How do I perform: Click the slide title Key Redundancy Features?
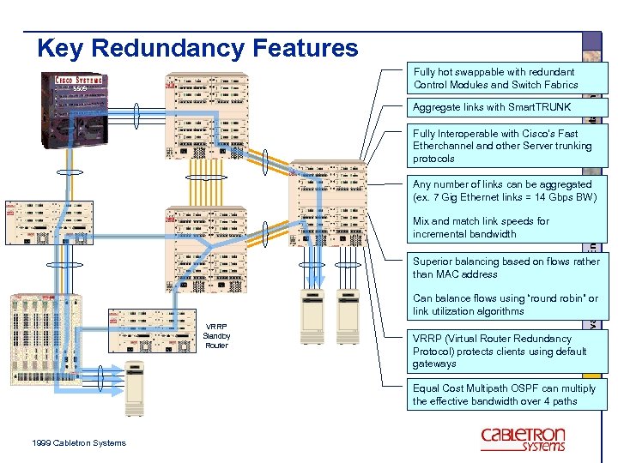197,47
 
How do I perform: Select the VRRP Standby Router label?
216,335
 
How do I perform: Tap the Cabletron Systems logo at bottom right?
523,438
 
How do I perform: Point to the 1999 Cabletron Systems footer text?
78,442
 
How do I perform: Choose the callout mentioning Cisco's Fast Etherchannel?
502,146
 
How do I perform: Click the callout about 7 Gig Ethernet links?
502,190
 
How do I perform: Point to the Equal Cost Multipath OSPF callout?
504,394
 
